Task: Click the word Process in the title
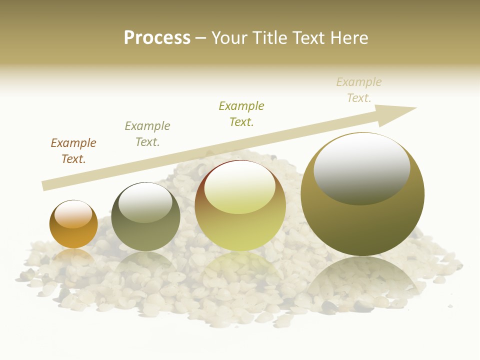click(x=157, y=38)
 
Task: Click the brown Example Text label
click(x=73, y=151)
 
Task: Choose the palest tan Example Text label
click(x=359, y=90)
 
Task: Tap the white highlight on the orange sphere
click(x=73, y=214)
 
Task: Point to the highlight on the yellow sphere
click(x=240, y=186)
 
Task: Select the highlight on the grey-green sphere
click(x=145, y=201)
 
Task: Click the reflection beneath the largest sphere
click(x=362, y=280)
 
